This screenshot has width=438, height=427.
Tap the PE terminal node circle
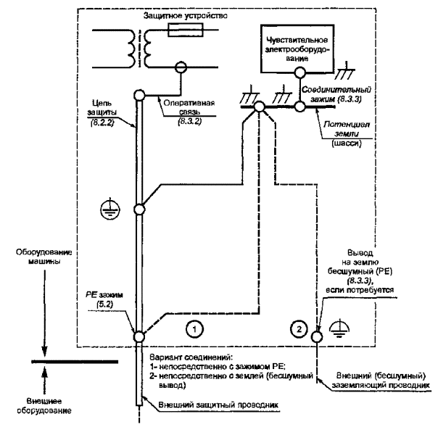point(139,336)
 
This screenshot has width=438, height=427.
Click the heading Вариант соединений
point(191,358)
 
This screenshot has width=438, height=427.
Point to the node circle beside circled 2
point(315,337)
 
